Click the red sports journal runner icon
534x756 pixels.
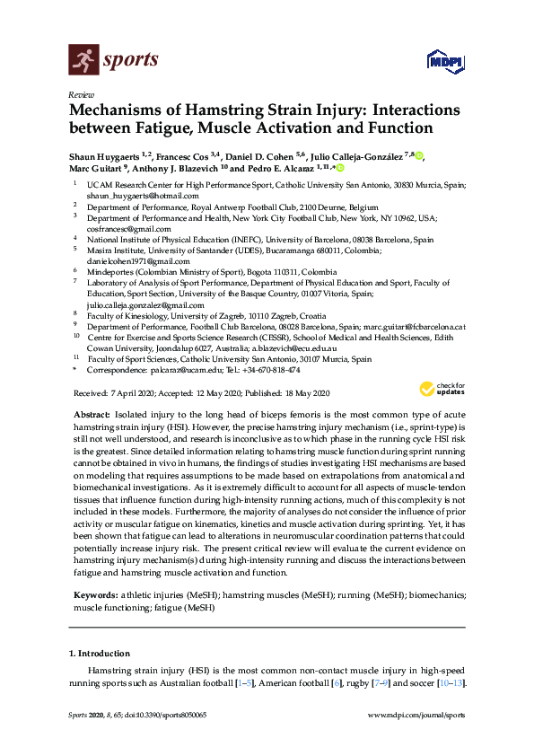84,61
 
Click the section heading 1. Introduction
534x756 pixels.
103,653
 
